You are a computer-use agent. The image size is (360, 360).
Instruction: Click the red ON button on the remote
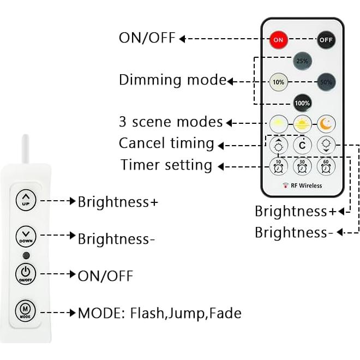[279, 39]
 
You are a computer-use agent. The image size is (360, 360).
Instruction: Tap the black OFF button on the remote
[326, 39]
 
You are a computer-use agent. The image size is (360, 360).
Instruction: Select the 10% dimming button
[279, 82]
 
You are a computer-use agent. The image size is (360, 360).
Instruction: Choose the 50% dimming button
[326, 82]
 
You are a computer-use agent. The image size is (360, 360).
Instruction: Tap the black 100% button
[302, 103]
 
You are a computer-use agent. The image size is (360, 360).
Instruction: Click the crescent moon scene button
[326, 123]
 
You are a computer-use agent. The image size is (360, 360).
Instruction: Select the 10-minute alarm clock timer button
[279, 165]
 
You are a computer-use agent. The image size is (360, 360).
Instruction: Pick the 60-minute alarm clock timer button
[326, 165]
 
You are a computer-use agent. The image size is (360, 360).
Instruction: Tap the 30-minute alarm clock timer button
[302, 165]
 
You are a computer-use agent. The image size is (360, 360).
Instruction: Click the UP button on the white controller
[26, 200]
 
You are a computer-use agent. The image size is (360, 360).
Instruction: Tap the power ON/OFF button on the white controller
[26, 273]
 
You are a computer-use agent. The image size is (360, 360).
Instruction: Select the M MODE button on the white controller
[26, 310]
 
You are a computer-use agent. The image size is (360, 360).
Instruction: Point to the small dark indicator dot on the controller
[26, 255]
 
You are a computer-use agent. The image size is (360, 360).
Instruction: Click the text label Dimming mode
[172, 80]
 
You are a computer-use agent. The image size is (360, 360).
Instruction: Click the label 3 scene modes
[171, 122]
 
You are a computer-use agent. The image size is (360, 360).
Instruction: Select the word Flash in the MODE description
[147, 313]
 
